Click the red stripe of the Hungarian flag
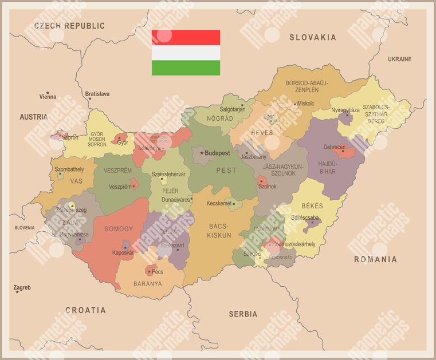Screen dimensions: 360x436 coord(186,37)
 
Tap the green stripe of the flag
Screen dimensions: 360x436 coord(186,68)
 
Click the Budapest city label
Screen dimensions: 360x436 coord(217,153)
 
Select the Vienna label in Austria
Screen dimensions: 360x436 coord(48,97)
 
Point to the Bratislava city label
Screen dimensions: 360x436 coord(97,94)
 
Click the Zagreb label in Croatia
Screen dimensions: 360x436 coord(22,287)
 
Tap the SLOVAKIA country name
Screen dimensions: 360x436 coord(312,38)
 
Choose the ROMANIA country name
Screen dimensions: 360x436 coord(375,260)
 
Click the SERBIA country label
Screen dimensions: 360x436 coord(243,314)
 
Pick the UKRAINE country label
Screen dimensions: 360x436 coord(399,60)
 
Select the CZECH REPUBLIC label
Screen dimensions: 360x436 coord(69,26)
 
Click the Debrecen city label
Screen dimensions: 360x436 coord(335,147)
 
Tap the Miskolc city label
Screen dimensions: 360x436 coord(306,104)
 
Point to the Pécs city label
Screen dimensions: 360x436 coord(158,272)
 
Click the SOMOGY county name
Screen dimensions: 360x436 coord(119,229)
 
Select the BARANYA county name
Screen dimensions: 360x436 coord(148,283)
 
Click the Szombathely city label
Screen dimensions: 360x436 coord(69,169)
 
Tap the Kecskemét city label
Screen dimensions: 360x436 coord(218,203)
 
